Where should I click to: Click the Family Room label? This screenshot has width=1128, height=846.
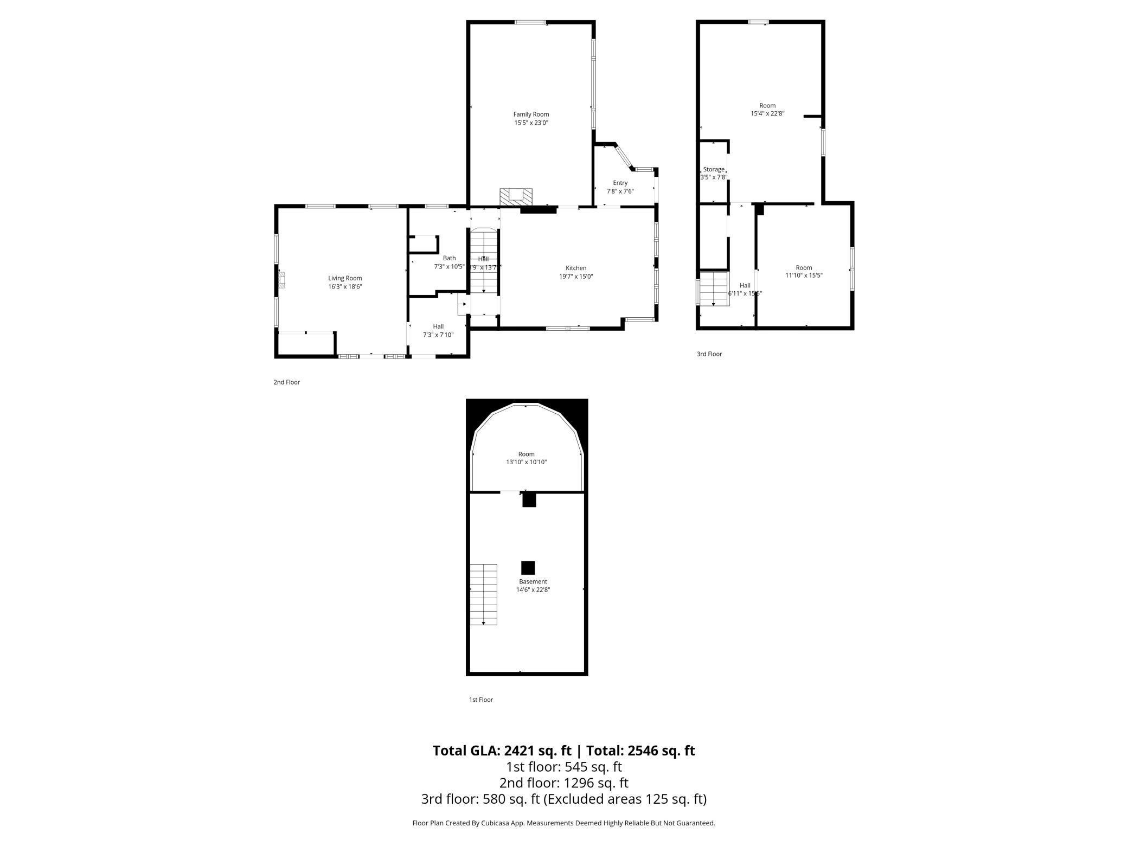531,114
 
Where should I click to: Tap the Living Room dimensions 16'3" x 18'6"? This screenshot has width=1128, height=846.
344,287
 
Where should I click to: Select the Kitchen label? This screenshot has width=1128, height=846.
575,268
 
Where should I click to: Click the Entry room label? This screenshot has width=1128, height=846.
620,183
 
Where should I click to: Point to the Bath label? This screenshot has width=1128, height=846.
449,258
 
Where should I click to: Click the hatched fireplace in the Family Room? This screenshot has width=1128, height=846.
516,196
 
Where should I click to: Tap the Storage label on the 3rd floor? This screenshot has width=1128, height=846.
713,169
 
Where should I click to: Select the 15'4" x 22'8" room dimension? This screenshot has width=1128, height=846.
767,114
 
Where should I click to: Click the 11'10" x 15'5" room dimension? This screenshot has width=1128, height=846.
804,275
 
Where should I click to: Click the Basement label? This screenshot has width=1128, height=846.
533,581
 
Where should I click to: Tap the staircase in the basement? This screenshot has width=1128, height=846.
483,594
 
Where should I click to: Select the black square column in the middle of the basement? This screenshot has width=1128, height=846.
528,568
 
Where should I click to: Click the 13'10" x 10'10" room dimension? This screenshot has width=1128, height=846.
526,463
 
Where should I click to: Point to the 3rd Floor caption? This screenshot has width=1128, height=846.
709,354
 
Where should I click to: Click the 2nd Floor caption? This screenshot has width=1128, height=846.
286,382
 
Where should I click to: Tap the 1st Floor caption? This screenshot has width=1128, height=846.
480,700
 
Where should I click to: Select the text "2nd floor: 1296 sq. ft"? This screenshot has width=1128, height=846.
563,783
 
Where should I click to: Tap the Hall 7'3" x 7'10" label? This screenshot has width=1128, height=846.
438,331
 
